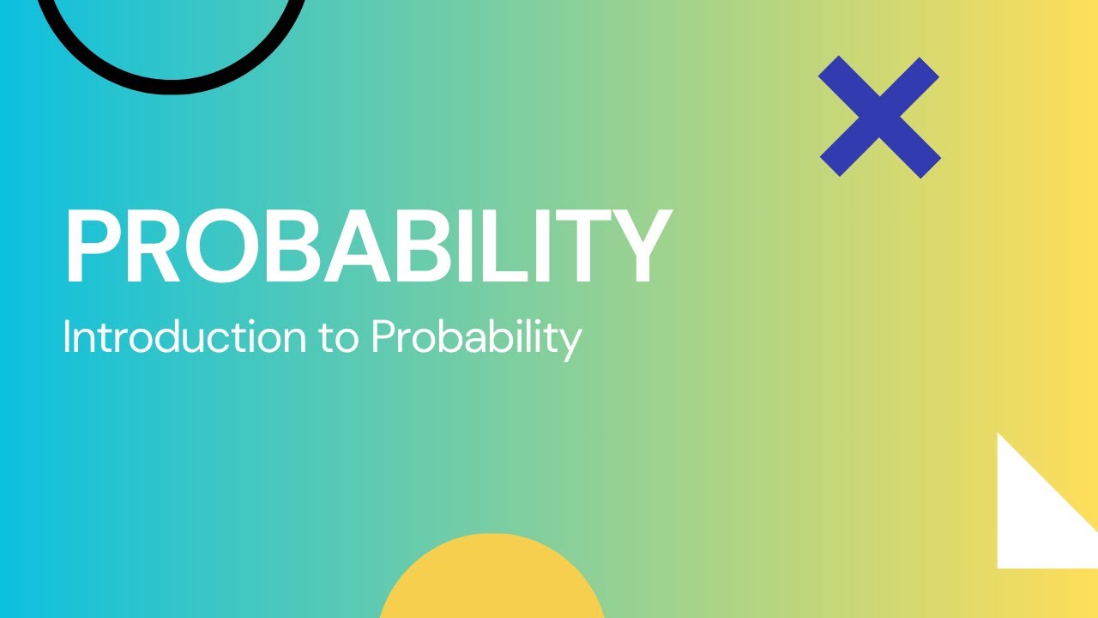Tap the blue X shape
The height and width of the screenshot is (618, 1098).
pos(879,118)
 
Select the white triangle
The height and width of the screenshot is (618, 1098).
pos(1029,524)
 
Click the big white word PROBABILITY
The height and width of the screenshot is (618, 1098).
pos(366,247)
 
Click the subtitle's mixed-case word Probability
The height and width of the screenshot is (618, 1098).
pos(476,339)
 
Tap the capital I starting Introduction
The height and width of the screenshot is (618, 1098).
pos(67,337)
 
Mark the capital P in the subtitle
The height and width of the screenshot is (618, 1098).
pos(383,337)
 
